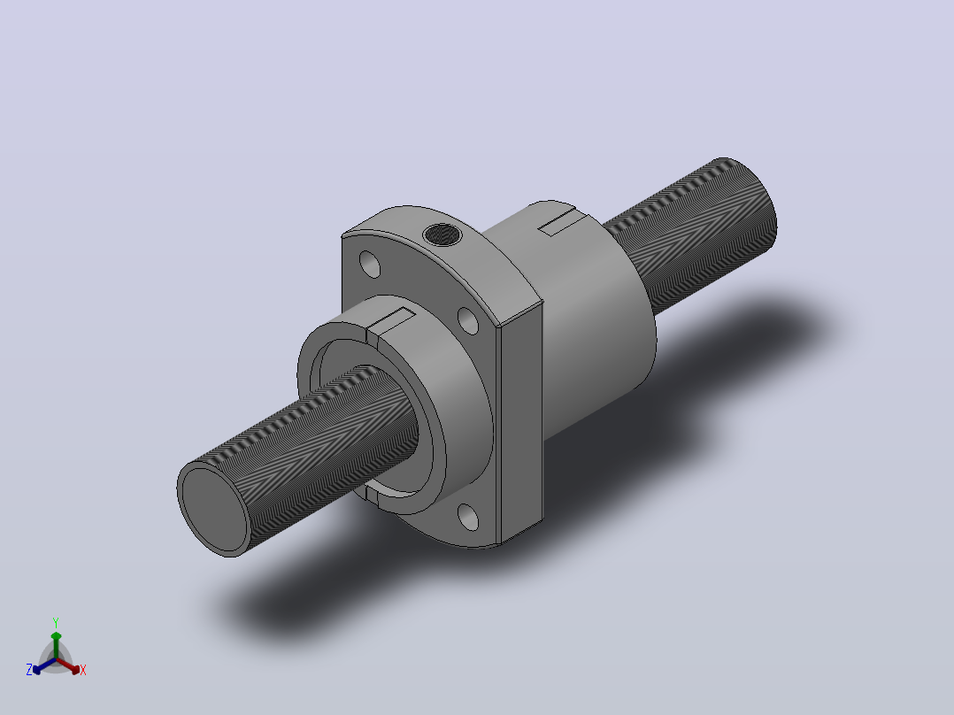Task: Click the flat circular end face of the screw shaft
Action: [214, 509]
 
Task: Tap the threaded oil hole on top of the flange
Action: [442, 234]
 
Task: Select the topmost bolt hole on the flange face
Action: [370, 264]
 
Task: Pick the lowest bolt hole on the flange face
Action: [468, 518]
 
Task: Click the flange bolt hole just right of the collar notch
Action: [468, 320]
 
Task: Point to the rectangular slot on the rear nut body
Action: [557, 223]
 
